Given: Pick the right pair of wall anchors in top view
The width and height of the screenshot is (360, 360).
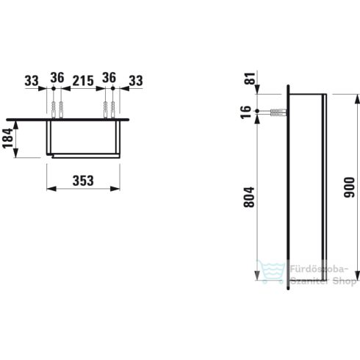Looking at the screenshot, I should coord(109,108).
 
